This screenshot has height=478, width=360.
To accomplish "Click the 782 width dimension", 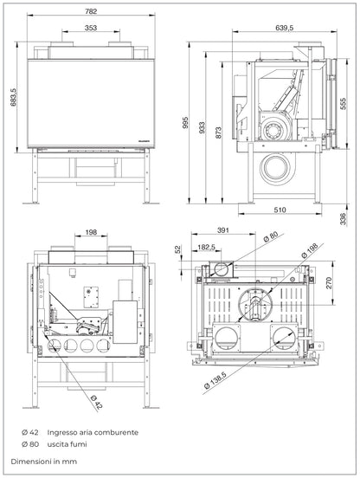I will click(91, 12).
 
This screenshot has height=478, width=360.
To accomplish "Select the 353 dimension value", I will click(90, 29).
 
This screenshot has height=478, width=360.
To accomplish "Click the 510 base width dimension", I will click(280, 210).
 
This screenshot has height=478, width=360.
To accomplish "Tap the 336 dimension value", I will click(344, 216).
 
